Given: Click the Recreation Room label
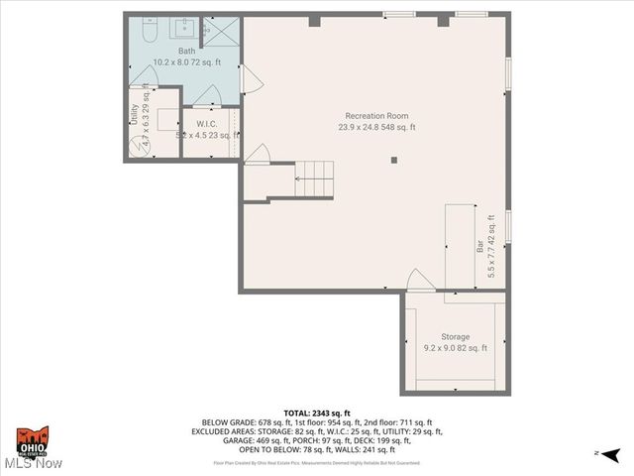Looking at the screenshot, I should tap(375, 116).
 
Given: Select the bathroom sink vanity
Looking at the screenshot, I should tap(185, 28).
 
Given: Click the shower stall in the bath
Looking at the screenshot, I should tap(224, 32).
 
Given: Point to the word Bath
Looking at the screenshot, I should tap(186, 51).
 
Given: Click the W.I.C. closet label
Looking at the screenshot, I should tap(206, 124).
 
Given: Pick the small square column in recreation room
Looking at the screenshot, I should tap(394, 159).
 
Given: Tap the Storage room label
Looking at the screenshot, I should tap(456, 337).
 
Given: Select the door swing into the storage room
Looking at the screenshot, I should tap(420, 282).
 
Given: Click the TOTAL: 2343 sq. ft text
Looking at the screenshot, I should tap(316, 413).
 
